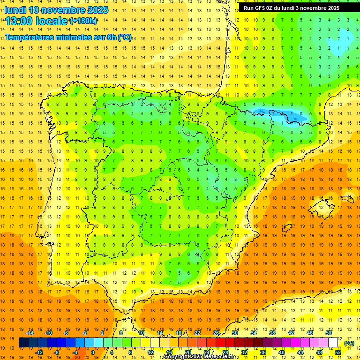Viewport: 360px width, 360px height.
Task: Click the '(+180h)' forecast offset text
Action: (83, 21)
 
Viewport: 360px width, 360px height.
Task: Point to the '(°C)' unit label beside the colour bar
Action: (349, 343)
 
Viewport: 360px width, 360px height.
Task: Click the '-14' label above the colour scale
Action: (30, 333)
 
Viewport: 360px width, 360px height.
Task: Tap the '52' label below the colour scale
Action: (338, 352)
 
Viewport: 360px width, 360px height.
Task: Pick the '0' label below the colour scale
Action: (92, 352)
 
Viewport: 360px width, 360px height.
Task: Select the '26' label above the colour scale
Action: (216, 333)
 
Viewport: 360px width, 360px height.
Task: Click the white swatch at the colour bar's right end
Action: (333, 343)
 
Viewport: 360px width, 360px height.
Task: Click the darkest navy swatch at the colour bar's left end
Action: (23, 343)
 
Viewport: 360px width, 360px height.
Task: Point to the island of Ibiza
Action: (287, 228)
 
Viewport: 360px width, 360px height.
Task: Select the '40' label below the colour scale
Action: (282, 352)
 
